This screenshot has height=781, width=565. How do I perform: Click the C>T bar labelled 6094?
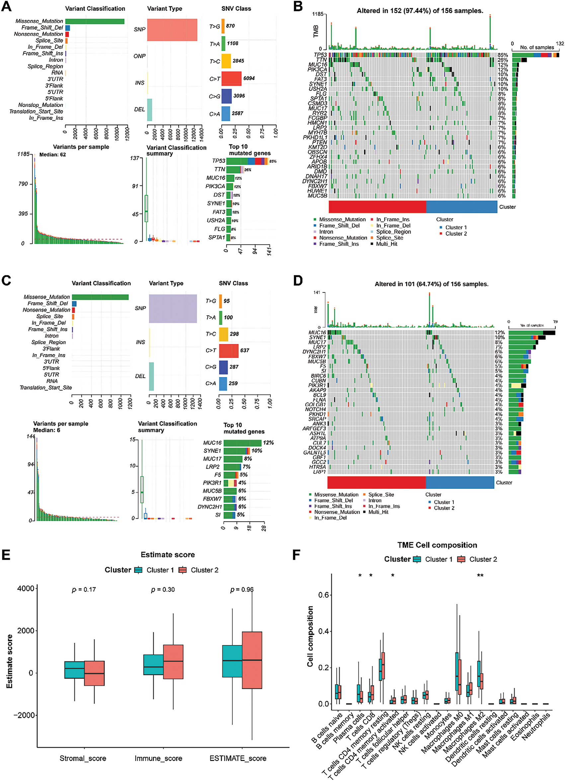coord(231,79)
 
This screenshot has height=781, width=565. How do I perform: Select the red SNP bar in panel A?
coord(172,30)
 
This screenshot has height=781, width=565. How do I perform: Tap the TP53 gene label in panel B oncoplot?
coord(320,55)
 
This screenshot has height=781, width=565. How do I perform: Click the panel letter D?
coord(297,280)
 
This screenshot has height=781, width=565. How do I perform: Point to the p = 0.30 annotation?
coord(163,590)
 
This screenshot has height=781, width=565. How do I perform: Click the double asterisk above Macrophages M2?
coord(480,575)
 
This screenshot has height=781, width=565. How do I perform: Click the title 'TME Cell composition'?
coord(437,545)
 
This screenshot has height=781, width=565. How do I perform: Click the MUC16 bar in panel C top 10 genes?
coord(242,443)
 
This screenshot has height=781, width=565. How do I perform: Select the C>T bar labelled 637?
coord(228,351)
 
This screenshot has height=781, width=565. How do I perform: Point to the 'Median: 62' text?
coord(52,155)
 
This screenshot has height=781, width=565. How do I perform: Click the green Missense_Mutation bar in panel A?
coord(95,21)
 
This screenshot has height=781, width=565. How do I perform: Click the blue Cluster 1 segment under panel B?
coord(461,207)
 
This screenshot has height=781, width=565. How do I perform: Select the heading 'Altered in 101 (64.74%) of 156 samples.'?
coord(431,284)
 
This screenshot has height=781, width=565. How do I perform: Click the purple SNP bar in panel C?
coord(173,308)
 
